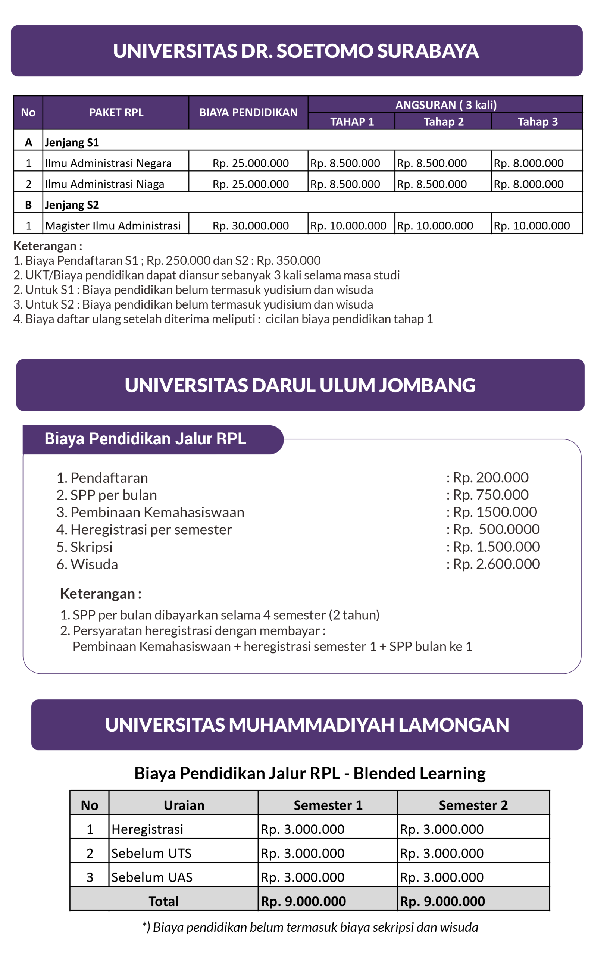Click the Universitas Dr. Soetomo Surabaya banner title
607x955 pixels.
pos(296,51)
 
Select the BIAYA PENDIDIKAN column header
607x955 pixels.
pos(248,113)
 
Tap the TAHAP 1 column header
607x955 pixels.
pos(352,122)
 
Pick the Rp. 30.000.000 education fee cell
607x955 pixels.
pos(250,226)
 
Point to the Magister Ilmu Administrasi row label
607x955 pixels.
pos(113,226)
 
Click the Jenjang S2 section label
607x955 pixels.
pos(72,205)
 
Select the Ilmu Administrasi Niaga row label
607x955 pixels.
pos(104,184)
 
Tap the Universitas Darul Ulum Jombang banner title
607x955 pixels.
pos(300,385)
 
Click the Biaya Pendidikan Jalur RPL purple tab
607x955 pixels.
pos(145,439)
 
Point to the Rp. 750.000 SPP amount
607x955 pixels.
pos(490,495)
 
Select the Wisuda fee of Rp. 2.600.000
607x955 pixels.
pos(496,564)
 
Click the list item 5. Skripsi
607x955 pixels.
pos(85,547)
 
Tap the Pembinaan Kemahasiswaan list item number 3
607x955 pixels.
pos(150,513)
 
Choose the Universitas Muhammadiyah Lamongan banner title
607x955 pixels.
pos(307,725)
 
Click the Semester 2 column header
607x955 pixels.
pos(473,805)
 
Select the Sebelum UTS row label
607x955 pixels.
pos(151,854)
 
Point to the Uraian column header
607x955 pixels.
pos(184,805)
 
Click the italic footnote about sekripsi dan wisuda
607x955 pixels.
pos(310,928)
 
